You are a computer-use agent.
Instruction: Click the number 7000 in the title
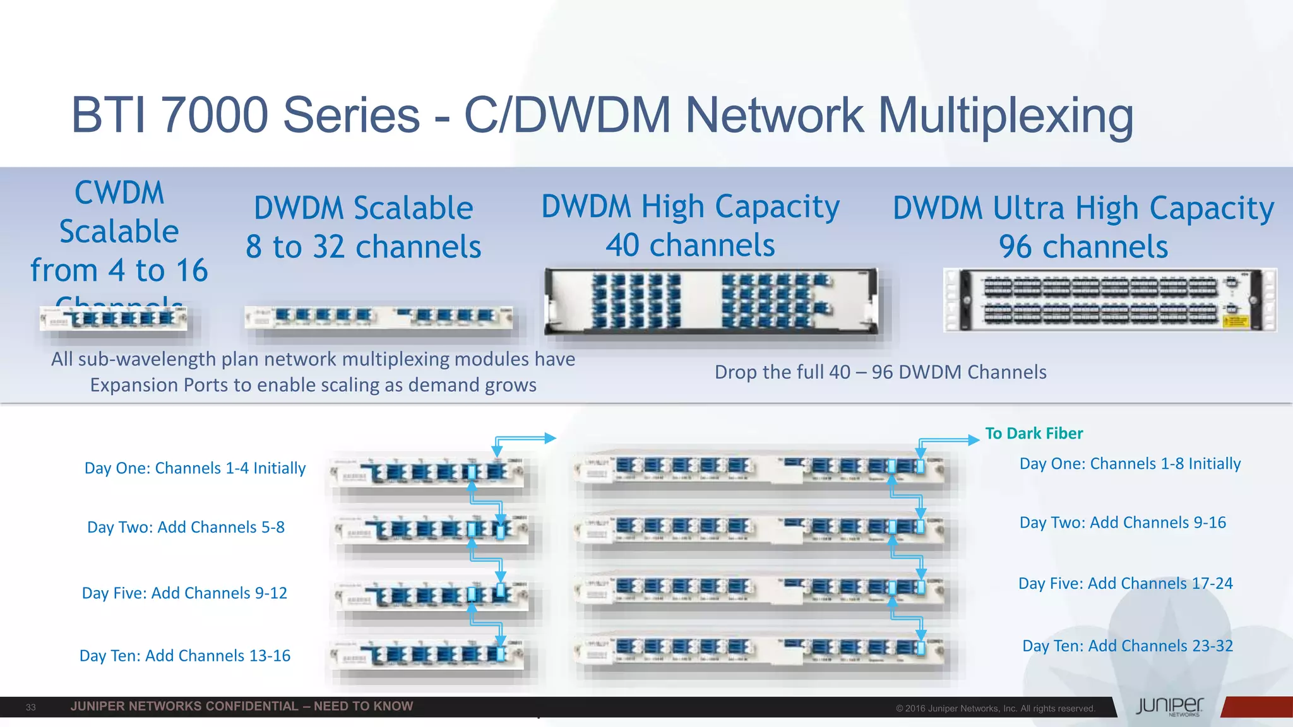[214, 115]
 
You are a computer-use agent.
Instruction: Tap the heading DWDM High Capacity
[690, 207]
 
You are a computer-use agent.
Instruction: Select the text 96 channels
[1083, 247]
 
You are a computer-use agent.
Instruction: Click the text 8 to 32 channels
[363, 247]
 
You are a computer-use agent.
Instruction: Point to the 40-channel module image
[710, 301]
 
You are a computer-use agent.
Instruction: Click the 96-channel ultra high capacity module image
[1109, 300]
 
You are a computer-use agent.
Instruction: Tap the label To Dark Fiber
[1034, 434]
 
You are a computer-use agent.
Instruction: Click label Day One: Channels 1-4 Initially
[194, 468]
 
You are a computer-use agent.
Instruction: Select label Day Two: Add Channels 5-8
[186, 527]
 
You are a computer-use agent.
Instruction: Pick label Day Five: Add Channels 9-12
[184, 593]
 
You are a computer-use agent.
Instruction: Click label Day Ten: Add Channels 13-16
[184, 656]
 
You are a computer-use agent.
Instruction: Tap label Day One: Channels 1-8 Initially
[1129, 464]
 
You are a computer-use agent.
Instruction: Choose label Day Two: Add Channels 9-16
[1122, 523]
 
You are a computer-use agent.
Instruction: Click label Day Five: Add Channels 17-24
[1125, 583]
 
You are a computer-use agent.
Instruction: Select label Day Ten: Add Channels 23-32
[1127, 646]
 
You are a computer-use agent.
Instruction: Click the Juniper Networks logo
[1169, 707]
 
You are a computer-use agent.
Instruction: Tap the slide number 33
[31, 707]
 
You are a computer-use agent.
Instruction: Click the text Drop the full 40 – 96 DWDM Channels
[880, 372]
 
